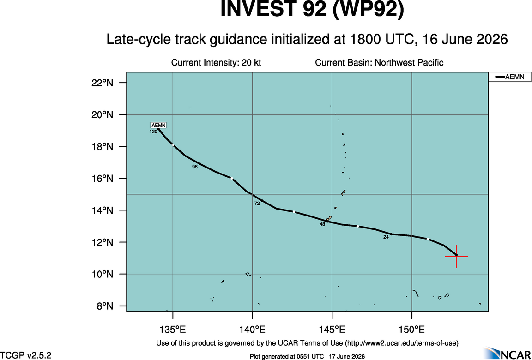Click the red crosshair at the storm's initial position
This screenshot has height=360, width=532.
coord(456,257)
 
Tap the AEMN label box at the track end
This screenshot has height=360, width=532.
coord(158,125)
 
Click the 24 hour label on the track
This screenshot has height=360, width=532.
coord(386,237)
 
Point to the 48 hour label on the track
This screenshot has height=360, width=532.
coord(322,224)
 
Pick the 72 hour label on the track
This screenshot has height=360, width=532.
coord(257,204)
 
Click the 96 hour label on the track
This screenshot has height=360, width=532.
coord(195,167)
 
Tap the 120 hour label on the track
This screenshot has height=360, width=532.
coord(153,132)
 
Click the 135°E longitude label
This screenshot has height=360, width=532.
coord(173,330)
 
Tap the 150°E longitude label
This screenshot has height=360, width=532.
coord(412,330)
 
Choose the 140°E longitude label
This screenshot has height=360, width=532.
coord(253,330)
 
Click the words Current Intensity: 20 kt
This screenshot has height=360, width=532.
coord(216,63)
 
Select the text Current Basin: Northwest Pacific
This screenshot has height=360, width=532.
coord(379,63)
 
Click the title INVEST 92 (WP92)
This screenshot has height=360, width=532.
coord(313,10)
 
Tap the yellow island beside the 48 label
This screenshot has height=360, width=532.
coord(329,219)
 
